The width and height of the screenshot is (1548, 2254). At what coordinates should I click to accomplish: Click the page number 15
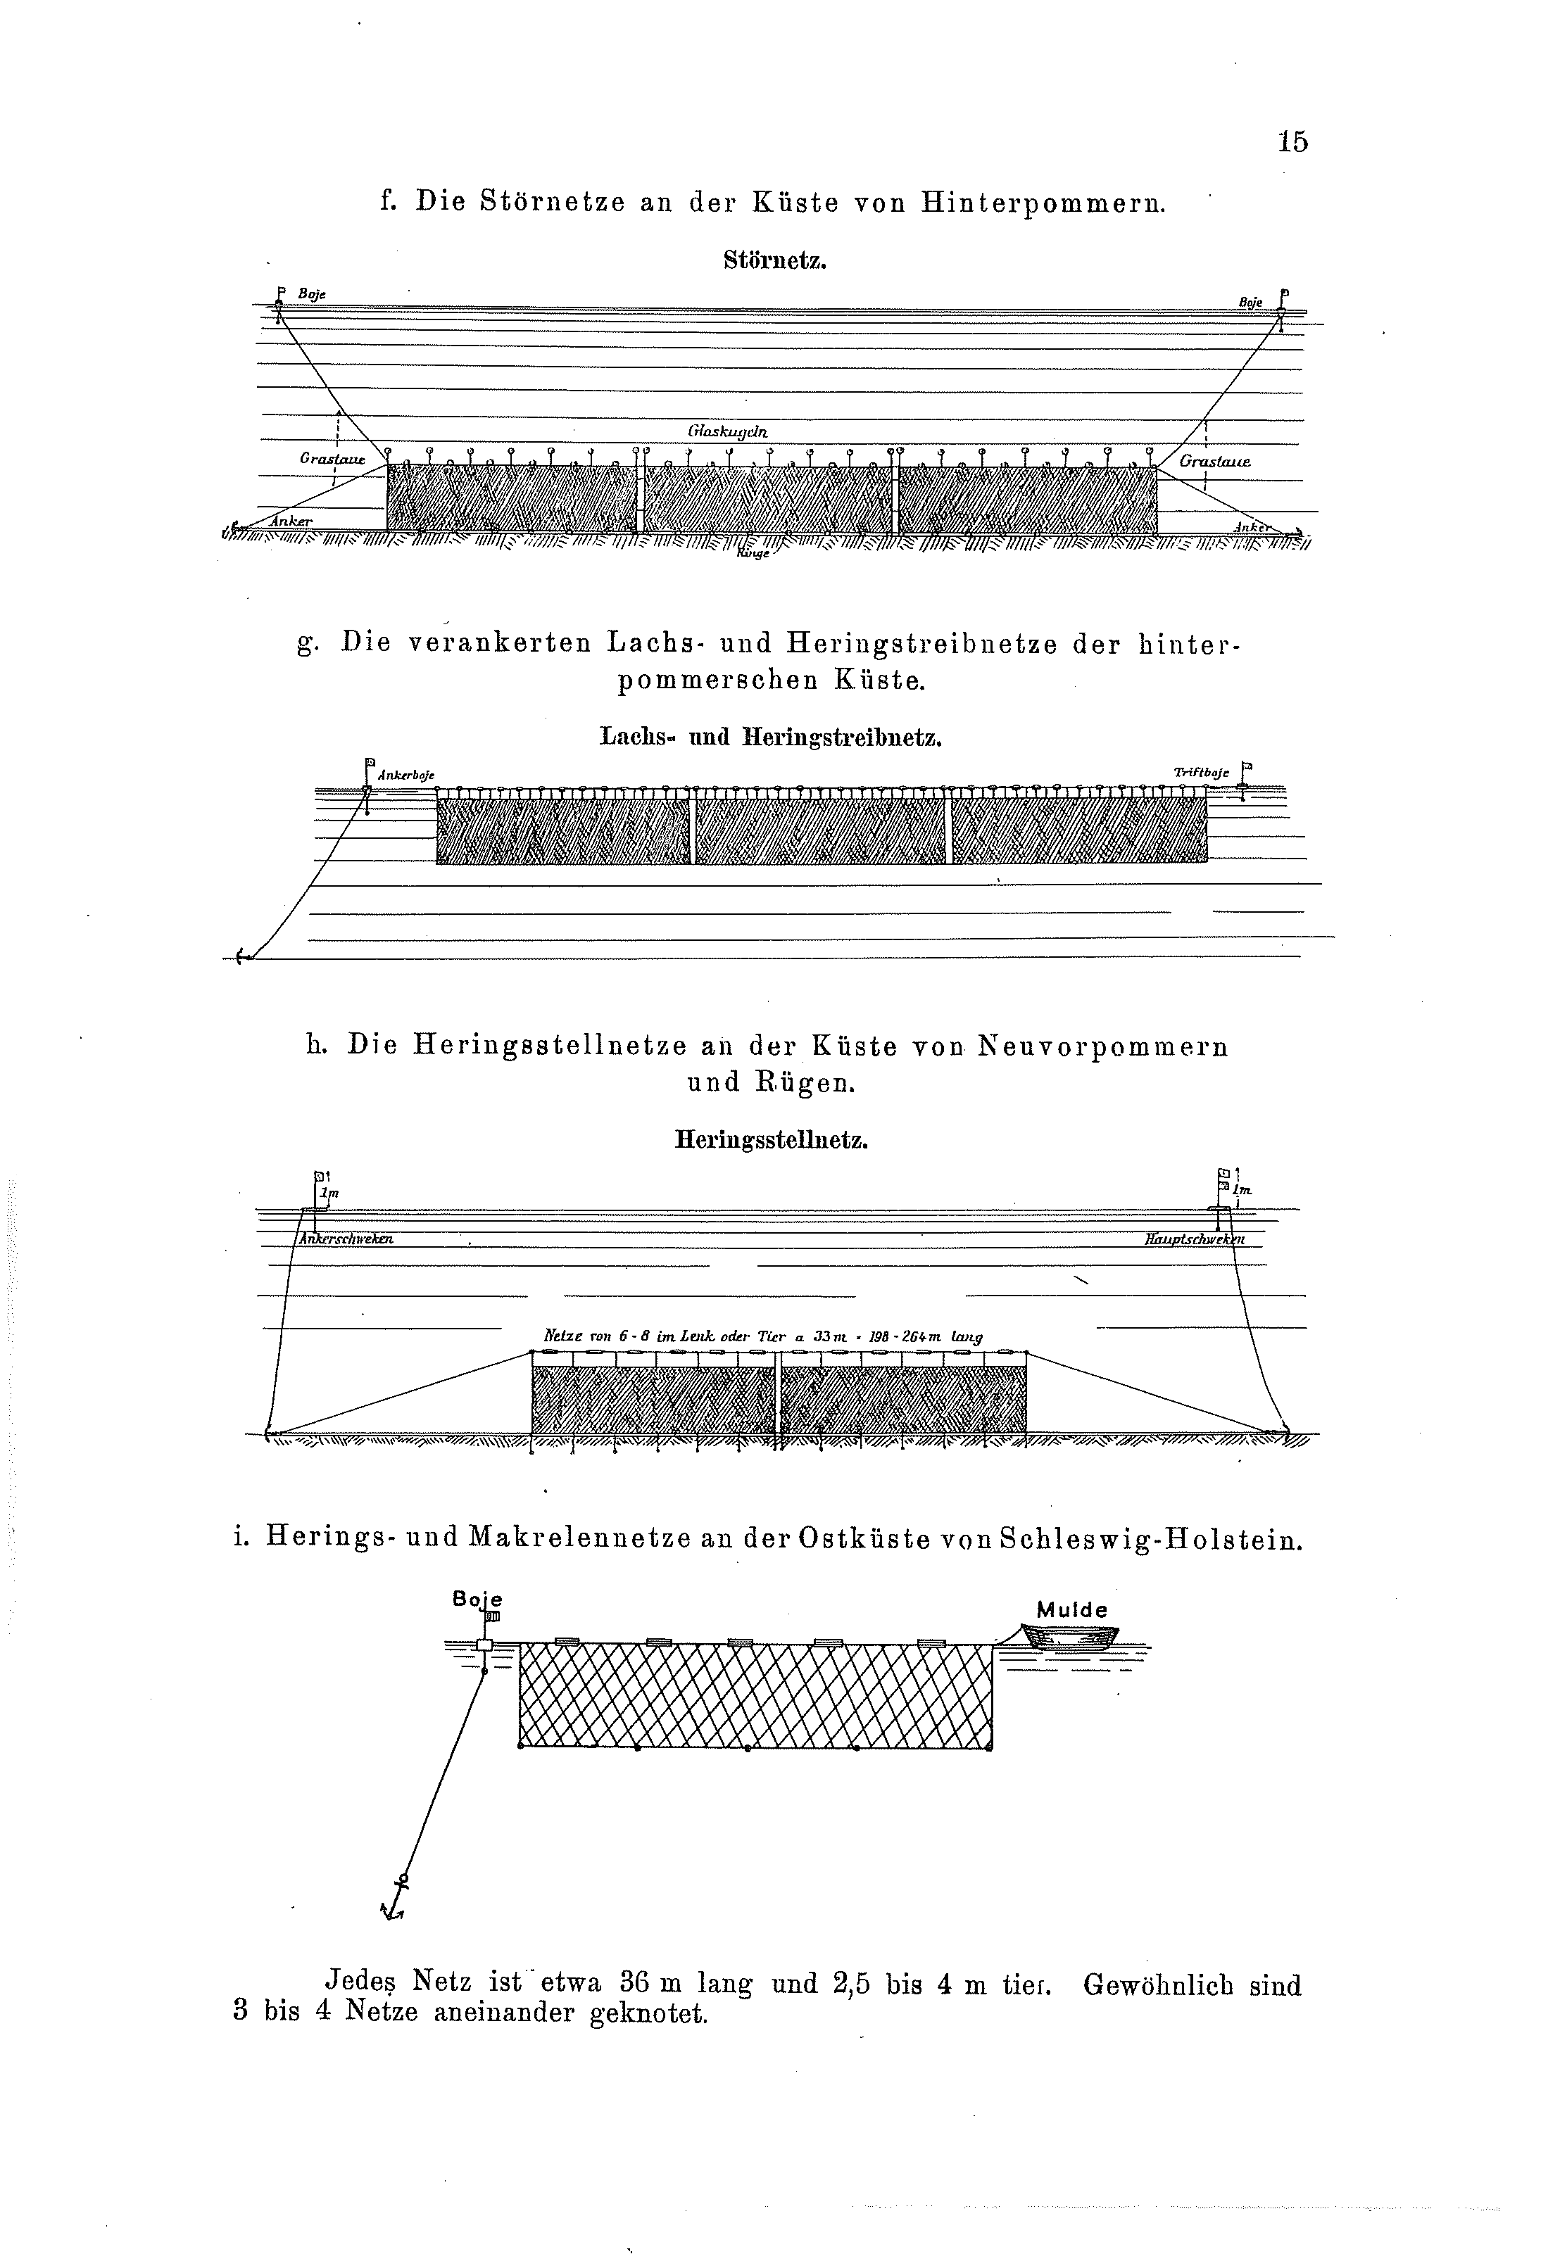pos(1292,141)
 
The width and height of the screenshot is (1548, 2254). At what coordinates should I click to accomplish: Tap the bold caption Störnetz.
pos(774,261)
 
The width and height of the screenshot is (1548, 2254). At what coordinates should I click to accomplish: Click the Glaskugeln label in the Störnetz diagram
pos(727,431)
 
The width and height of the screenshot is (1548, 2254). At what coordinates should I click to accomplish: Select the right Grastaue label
pos(1214,462)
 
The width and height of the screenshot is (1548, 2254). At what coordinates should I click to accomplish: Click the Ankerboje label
pos(406,775)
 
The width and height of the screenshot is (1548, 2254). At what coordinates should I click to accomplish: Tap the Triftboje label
pos(1201,772)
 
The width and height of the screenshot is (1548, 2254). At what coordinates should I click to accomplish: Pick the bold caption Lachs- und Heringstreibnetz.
pos(771,737)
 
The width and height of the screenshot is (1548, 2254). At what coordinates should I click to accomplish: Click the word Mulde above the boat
pos(1071,1610)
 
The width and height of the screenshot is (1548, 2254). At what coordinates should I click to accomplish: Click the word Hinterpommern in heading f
pos(1043,203)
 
